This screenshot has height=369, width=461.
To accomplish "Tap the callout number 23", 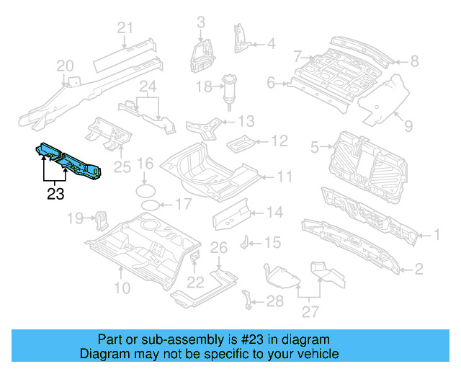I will pyautogui.click(x=55, y=193).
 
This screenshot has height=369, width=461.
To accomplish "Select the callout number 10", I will pyautogui.click(x=122, y=289).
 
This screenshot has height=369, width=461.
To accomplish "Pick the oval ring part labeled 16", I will pyautogui.click(x=145, y=190).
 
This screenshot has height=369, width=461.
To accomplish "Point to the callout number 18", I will pyautogui.click(x=204, y=87).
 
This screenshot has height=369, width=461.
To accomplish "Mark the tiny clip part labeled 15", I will pyautogui.click(x=246, y=241).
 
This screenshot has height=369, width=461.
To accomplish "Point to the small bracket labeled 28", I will pyautogui.click(x=249, y=298).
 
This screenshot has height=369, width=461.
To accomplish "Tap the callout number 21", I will pyautogui.click(x=126, y=29).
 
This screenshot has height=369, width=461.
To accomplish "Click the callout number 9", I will pyautogui.click(x=408, y=127).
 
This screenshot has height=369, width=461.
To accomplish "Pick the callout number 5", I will pyautogui.click(x=314, y=148).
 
